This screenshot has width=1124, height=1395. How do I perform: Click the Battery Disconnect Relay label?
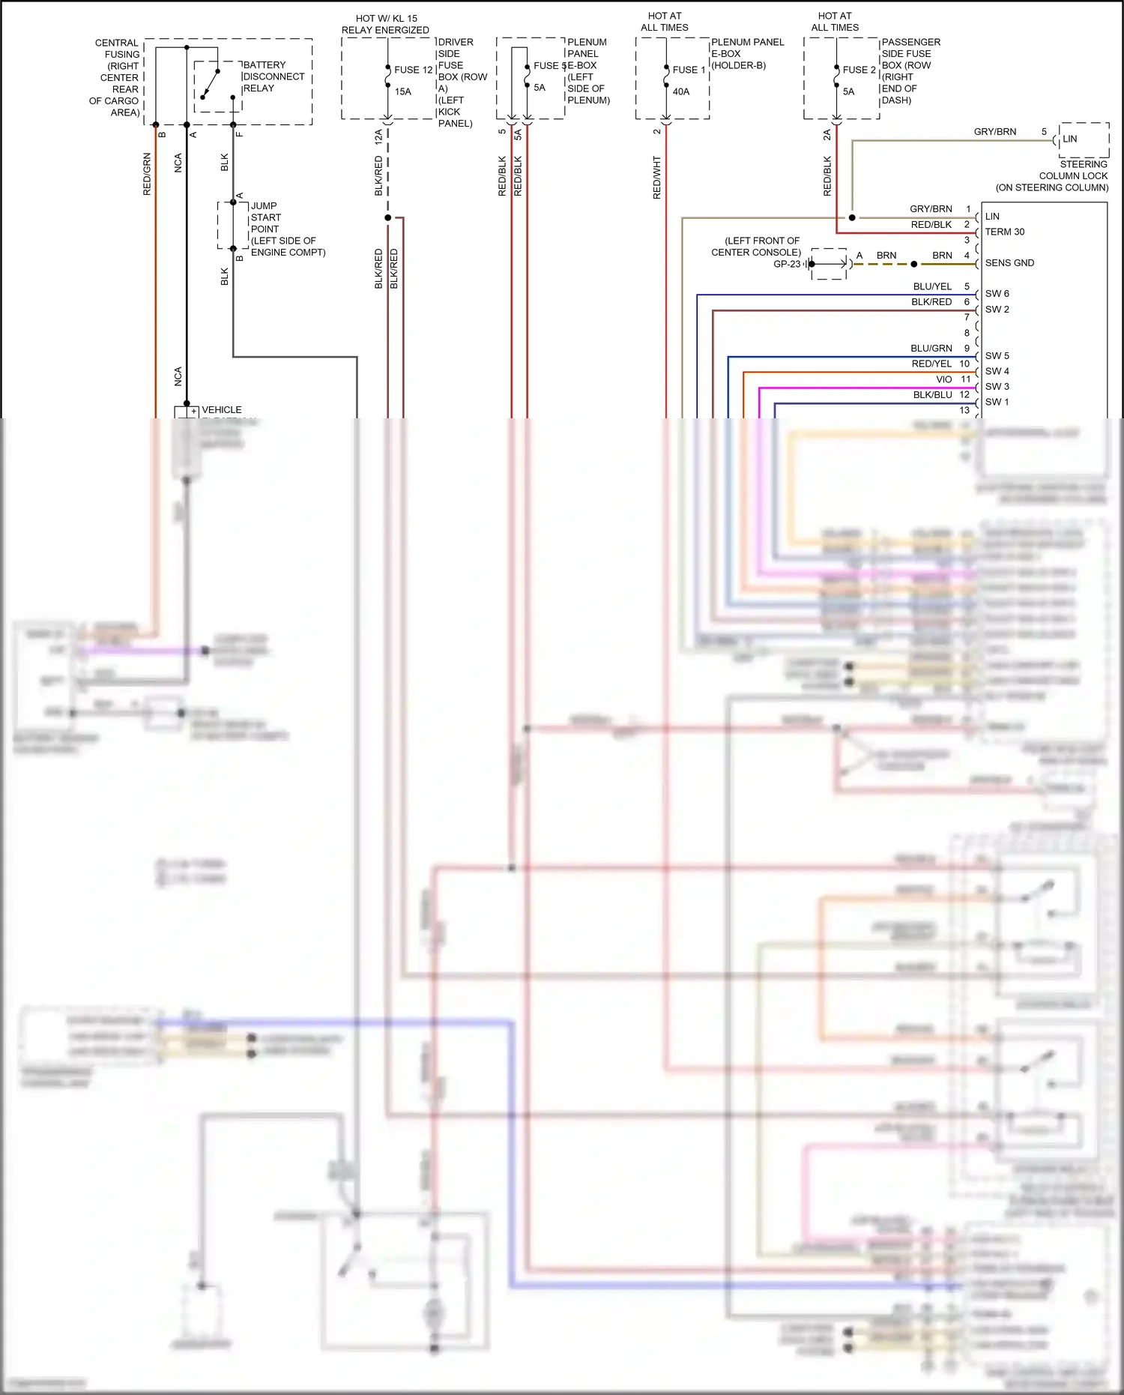pos(273,76)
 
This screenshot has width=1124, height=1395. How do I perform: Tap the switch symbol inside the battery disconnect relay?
pos(211,85)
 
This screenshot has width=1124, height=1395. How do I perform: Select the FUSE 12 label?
pos(413,70)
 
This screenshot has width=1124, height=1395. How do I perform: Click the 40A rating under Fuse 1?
pos(680,91)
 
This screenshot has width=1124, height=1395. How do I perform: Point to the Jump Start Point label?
pos(287,229)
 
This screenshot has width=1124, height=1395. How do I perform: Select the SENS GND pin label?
pos(1009,263)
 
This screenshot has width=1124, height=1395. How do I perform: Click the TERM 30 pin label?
pos(1004,232)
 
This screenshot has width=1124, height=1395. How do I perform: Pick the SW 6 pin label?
pos(997,294)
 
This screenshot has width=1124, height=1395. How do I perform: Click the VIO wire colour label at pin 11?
pos(943,379)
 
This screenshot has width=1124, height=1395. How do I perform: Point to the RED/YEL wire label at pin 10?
pos(931,364)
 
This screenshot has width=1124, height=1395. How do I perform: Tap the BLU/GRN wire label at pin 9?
pos(931,349)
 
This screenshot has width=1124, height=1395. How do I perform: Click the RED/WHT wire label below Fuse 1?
pos(657,177)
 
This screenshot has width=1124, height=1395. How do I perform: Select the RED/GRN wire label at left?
pos(147,174)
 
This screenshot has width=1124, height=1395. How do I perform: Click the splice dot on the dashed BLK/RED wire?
pos(387,217)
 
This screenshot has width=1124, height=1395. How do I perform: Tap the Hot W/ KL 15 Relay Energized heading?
pos(385,24)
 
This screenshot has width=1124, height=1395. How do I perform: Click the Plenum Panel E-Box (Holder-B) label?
pos(746,53)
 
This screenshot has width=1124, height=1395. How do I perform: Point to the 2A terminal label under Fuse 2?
pos(827,135)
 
